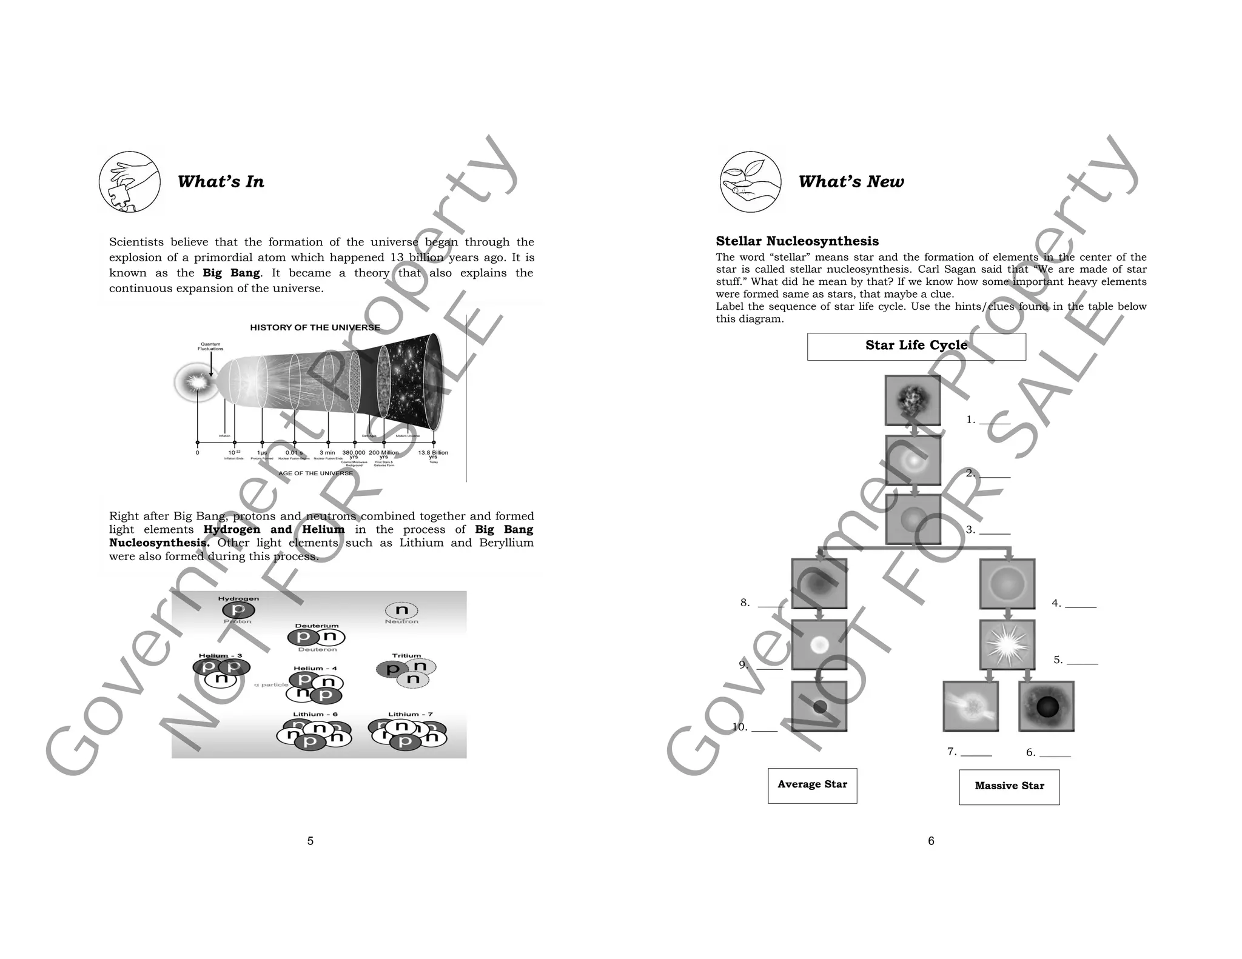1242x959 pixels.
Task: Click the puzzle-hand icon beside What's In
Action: click(130, 182)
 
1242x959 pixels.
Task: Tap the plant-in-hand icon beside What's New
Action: click(751, 182)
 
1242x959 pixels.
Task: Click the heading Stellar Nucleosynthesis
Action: click(797, 241)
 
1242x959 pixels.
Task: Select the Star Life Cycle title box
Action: click(916, 346)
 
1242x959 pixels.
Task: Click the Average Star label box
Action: click(812, 785)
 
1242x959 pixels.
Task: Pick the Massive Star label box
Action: click(1009, 787)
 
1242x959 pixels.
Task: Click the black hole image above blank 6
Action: click(1046, 706)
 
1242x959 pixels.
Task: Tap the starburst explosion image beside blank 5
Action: click(1007, 644)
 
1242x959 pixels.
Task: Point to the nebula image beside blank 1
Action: click(913, 399)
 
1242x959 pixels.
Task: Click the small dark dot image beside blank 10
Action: click(819, 706)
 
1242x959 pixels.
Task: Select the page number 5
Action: click(310, 841)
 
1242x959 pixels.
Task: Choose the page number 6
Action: click(931, 841)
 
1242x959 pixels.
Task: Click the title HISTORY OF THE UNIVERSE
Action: click(315, 328)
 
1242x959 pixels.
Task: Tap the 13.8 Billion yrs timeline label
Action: click(433, 455)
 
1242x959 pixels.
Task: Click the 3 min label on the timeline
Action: click(327, 453)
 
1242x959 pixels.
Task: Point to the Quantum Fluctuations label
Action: click(210, 346)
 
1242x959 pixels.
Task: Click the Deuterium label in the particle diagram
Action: click(317, 626)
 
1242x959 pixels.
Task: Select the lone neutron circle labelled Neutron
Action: click(401, 610)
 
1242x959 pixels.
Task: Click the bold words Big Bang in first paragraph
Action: click(231, 273)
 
